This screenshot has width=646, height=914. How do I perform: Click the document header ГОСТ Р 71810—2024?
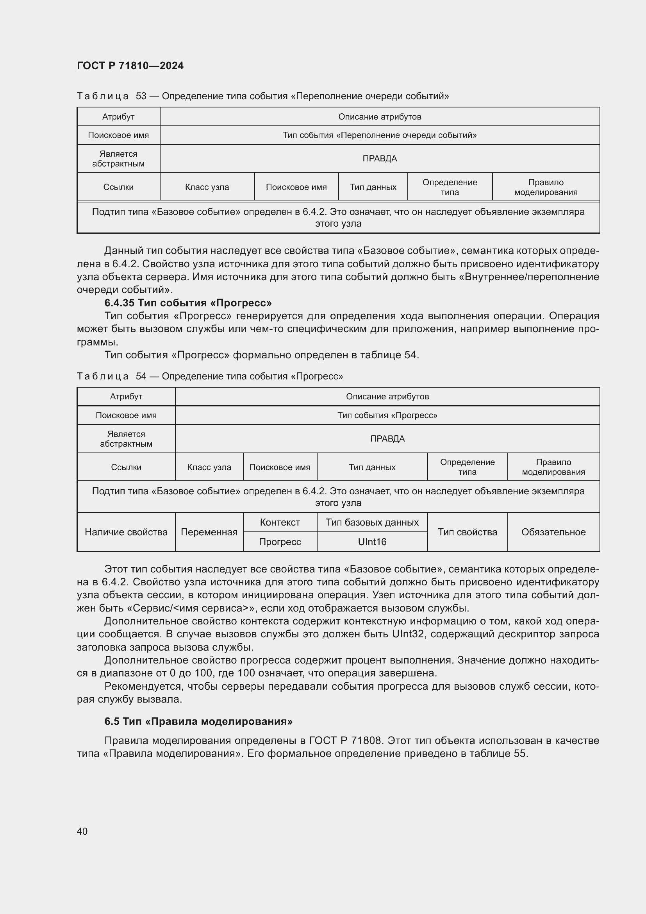pos(130,66)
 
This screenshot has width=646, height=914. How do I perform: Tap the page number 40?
pos(82,831)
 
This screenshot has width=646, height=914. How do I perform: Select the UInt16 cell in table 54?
pos(372,542)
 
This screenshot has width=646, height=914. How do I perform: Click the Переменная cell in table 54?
pos(209,532)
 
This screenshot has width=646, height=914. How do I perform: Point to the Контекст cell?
pos(280,522)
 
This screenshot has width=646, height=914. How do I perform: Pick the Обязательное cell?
pos(553,532)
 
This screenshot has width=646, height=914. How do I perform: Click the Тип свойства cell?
pos(468,532)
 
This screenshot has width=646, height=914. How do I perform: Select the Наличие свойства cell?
pos(126,532)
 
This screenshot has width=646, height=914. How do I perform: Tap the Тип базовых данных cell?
pos(372,522)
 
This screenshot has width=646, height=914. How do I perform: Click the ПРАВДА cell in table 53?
pos(380,158)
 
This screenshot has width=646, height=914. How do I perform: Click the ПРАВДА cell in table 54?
pos(387,439)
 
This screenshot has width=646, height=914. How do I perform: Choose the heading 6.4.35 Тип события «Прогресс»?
pos(188,303)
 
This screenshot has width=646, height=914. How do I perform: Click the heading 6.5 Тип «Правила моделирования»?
pos(198,721)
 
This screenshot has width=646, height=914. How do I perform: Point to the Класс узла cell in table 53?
pos(207,187)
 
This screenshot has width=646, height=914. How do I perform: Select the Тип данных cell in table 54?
pos(372,467)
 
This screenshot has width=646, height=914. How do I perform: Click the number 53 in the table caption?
pos(141,97)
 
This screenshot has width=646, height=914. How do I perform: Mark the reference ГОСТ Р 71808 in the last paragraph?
pos(345,741)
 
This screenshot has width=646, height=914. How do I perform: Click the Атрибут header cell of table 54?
pos(126,397)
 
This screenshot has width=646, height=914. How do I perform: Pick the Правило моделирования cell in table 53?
pos(546,187)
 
